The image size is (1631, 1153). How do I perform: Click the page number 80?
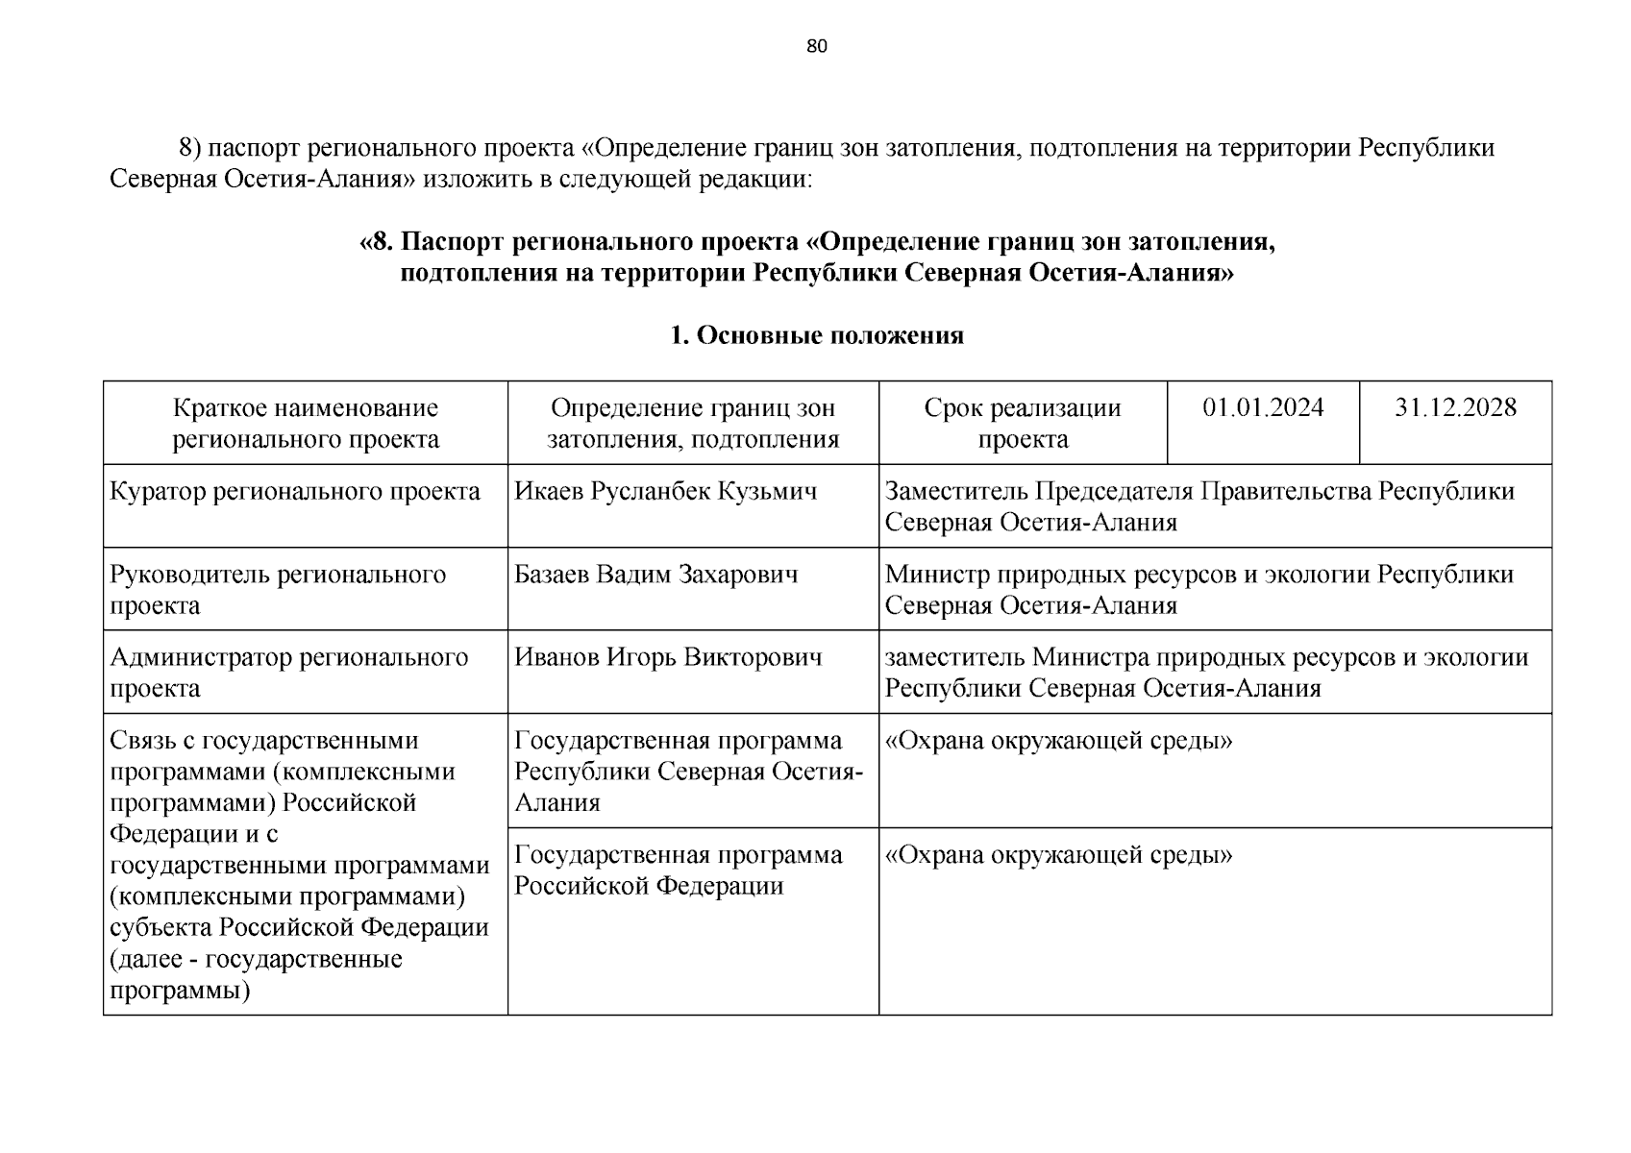[816, 47]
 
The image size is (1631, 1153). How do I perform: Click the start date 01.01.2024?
[1263, 407]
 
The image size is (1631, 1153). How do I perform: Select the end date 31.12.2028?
[1455, 407]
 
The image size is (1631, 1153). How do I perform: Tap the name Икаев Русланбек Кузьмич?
[666, 491]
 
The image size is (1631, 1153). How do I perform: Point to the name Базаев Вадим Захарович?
[656, 575]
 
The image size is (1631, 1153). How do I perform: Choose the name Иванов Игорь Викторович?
[668, 657]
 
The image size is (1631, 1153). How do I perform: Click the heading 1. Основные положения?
[816, 335]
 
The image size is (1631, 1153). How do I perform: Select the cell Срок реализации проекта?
[1023, 423]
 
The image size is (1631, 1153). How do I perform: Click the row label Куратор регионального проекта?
[295, 491]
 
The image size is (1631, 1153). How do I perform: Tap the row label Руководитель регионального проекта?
[278, 589]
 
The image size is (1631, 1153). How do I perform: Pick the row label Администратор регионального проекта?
[288, 673]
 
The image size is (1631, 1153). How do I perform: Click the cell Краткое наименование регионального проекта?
[306, 423]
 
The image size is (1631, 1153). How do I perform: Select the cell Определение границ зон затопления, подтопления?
[693, 423]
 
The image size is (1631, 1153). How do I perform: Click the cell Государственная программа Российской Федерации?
[678, 870]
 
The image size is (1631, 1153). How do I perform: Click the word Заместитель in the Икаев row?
[956, 491]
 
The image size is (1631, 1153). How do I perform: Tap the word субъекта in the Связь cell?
[161, 928]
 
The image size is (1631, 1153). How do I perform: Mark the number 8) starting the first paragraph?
[190, 148]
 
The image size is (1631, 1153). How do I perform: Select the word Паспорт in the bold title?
[452, 242]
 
